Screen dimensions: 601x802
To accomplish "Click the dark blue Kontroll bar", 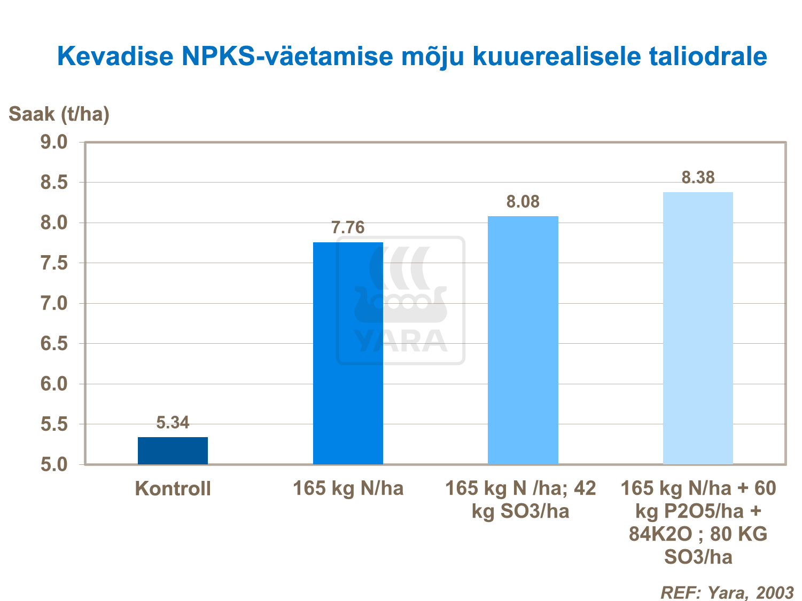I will click(173, 450).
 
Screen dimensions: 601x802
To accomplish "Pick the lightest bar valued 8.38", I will click(698, 328).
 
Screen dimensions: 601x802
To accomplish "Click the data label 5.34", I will click(173, 423).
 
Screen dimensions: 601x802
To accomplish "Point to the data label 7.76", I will click(348, 228).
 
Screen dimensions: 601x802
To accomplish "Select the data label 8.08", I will click(523, 202).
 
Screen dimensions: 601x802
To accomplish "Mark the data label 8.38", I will click(698, 178).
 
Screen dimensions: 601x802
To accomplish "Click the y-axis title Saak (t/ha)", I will click(59, 114).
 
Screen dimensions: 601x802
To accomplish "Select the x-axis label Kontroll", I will click(173, 489).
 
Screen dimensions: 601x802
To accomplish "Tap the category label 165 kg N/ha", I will click(348, 488).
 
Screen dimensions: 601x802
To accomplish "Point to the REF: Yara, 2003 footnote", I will click(727, 592).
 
